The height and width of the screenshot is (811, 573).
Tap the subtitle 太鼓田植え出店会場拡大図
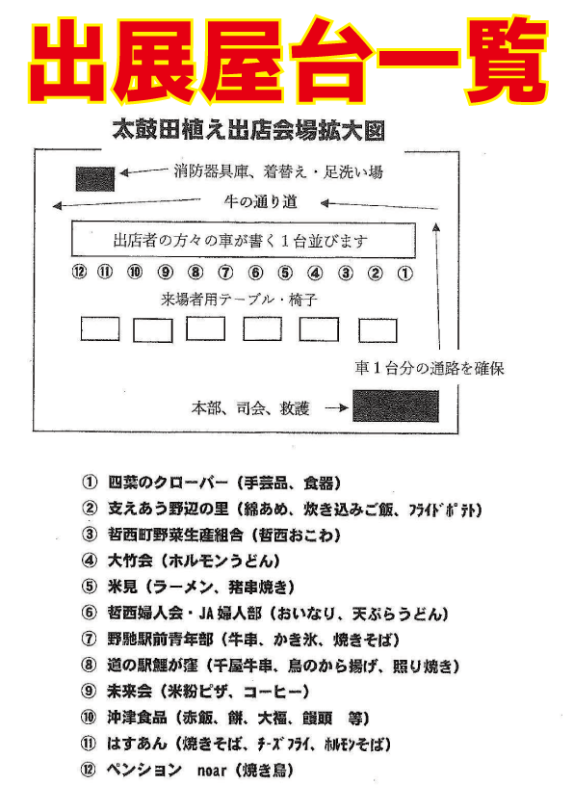coord(248,130)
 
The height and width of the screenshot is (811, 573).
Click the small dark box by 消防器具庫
coord(95,179)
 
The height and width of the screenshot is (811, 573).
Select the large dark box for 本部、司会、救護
coord(396,406)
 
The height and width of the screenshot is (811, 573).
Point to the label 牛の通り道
coord(261,201)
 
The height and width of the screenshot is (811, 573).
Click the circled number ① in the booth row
coord(404,273)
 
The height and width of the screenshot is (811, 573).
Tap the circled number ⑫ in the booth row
coord(79,272)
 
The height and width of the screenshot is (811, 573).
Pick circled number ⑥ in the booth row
coord(255,272)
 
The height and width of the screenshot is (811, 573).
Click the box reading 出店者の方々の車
coord(243,240)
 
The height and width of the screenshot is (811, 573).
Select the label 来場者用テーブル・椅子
coord(239,300)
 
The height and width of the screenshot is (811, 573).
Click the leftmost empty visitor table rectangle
coord(100,329)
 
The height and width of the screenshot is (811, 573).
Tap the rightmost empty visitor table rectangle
coord(378,331)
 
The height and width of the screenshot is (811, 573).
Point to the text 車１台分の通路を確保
coord(430,368)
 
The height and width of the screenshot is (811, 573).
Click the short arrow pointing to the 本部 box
coord(337,408)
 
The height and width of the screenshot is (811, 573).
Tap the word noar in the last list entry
coord(212,771)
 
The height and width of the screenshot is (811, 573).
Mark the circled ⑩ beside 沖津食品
coord(89,718)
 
